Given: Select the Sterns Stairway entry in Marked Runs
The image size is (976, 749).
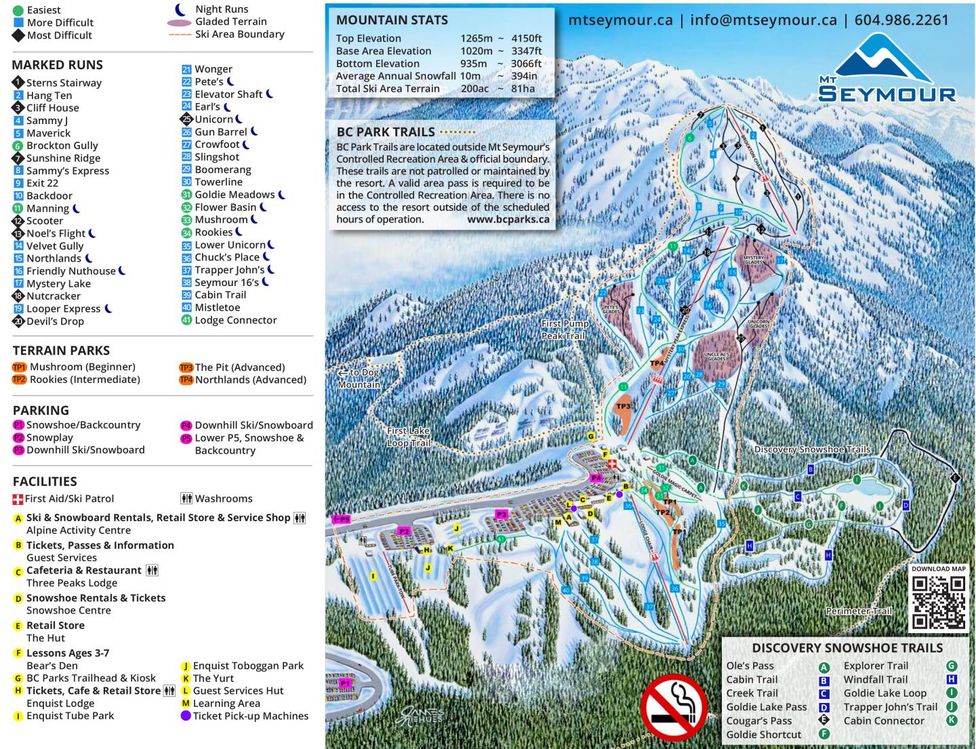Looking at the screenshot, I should point(63,83).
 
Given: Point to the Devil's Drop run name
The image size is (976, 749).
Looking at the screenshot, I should point(55,321).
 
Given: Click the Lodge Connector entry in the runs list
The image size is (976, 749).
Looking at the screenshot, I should point(235,320).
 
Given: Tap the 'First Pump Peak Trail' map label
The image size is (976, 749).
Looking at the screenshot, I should point(565,329).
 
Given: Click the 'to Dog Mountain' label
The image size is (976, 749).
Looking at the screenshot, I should point(359,378).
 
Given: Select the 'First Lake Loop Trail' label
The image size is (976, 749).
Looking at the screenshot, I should point(408,437).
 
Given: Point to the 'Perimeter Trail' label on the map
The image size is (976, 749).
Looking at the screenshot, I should point(859,611).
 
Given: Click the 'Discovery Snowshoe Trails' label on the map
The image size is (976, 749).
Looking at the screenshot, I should point(812,449).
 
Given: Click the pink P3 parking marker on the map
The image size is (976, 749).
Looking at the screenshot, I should point(502,514).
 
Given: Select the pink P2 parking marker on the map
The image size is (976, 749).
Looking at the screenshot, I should point(404,531).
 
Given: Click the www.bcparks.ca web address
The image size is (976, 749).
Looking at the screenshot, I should point(508,220).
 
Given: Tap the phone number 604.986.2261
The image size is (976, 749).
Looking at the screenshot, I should point(901,20).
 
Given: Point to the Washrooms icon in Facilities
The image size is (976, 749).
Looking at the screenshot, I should point(186,498).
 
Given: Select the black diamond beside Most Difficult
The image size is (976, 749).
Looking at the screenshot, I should point(18,35).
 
